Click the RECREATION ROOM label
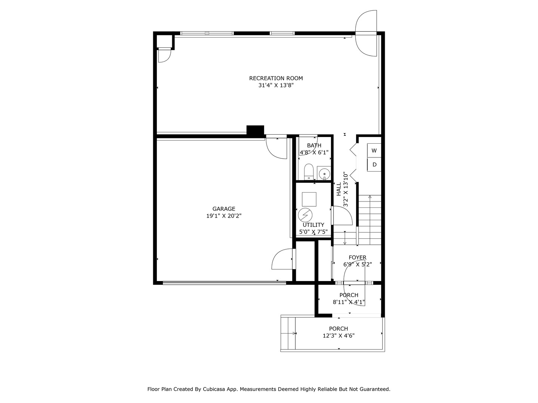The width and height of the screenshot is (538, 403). point(276,78)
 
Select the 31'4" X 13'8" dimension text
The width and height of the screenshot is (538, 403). point(276,85)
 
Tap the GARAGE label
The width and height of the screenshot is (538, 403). point(224,209)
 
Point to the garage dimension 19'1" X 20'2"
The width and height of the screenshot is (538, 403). point(224,216)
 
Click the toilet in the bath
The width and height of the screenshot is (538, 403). point(309,172)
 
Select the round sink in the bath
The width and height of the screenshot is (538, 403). point(324,174)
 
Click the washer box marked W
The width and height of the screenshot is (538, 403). point(374,151)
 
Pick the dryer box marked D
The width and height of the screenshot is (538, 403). point(374,165)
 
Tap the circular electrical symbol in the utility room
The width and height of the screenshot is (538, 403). point(305,215)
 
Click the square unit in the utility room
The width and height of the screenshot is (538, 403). point(309,199)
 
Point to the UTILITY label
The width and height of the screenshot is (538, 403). point(313,225)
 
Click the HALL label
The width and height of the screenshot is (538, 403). point(338,189)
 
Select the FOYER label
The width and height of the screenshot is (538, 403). point(357,257)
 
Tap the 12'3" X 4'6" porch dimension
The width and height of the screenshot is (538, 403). point(338,336)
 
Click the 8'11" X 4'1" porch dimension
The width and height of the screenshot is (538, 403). point(349,302)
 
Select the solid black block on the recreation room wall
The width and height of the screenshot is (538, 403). point(255,130)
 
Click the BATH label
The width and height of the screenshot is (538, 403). point(314,146)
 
